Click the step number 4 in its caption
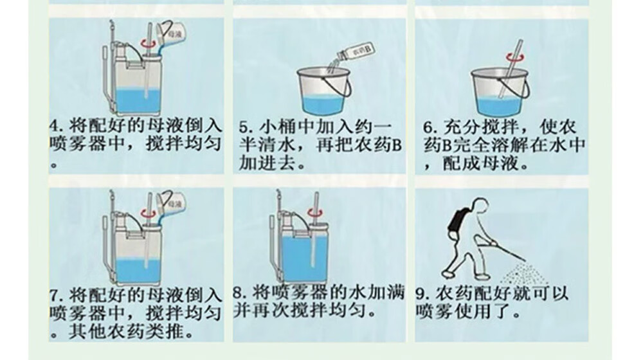pyautogui.click(x=55, y=125)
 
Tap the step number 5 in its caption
pyautogui.click(x=244, y=127)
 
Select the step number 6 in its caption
pyautogui.click(x=428, y=127)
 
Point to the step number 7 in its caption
pyautogui.click(x=55, y=295)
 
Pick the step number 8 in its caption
pyautogui.click(x=239, y=292)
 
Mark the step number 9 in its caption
pyautogui.click(x=421, y=294)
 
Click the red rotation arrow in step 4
pyautogui.click(x=149, y=42)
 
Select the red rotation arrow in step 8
pyautogui.click(x=315, y=212)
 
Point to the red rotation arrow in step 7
pyautogui.click(x=149, y=212)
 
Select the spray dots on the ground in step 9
pyautogui.click(x=523, y=273)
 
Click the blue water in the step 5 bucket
pyautogui.click(x=323, y=105)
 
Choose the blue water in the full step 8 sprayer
pyautogui.click(x=302, y=258)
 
